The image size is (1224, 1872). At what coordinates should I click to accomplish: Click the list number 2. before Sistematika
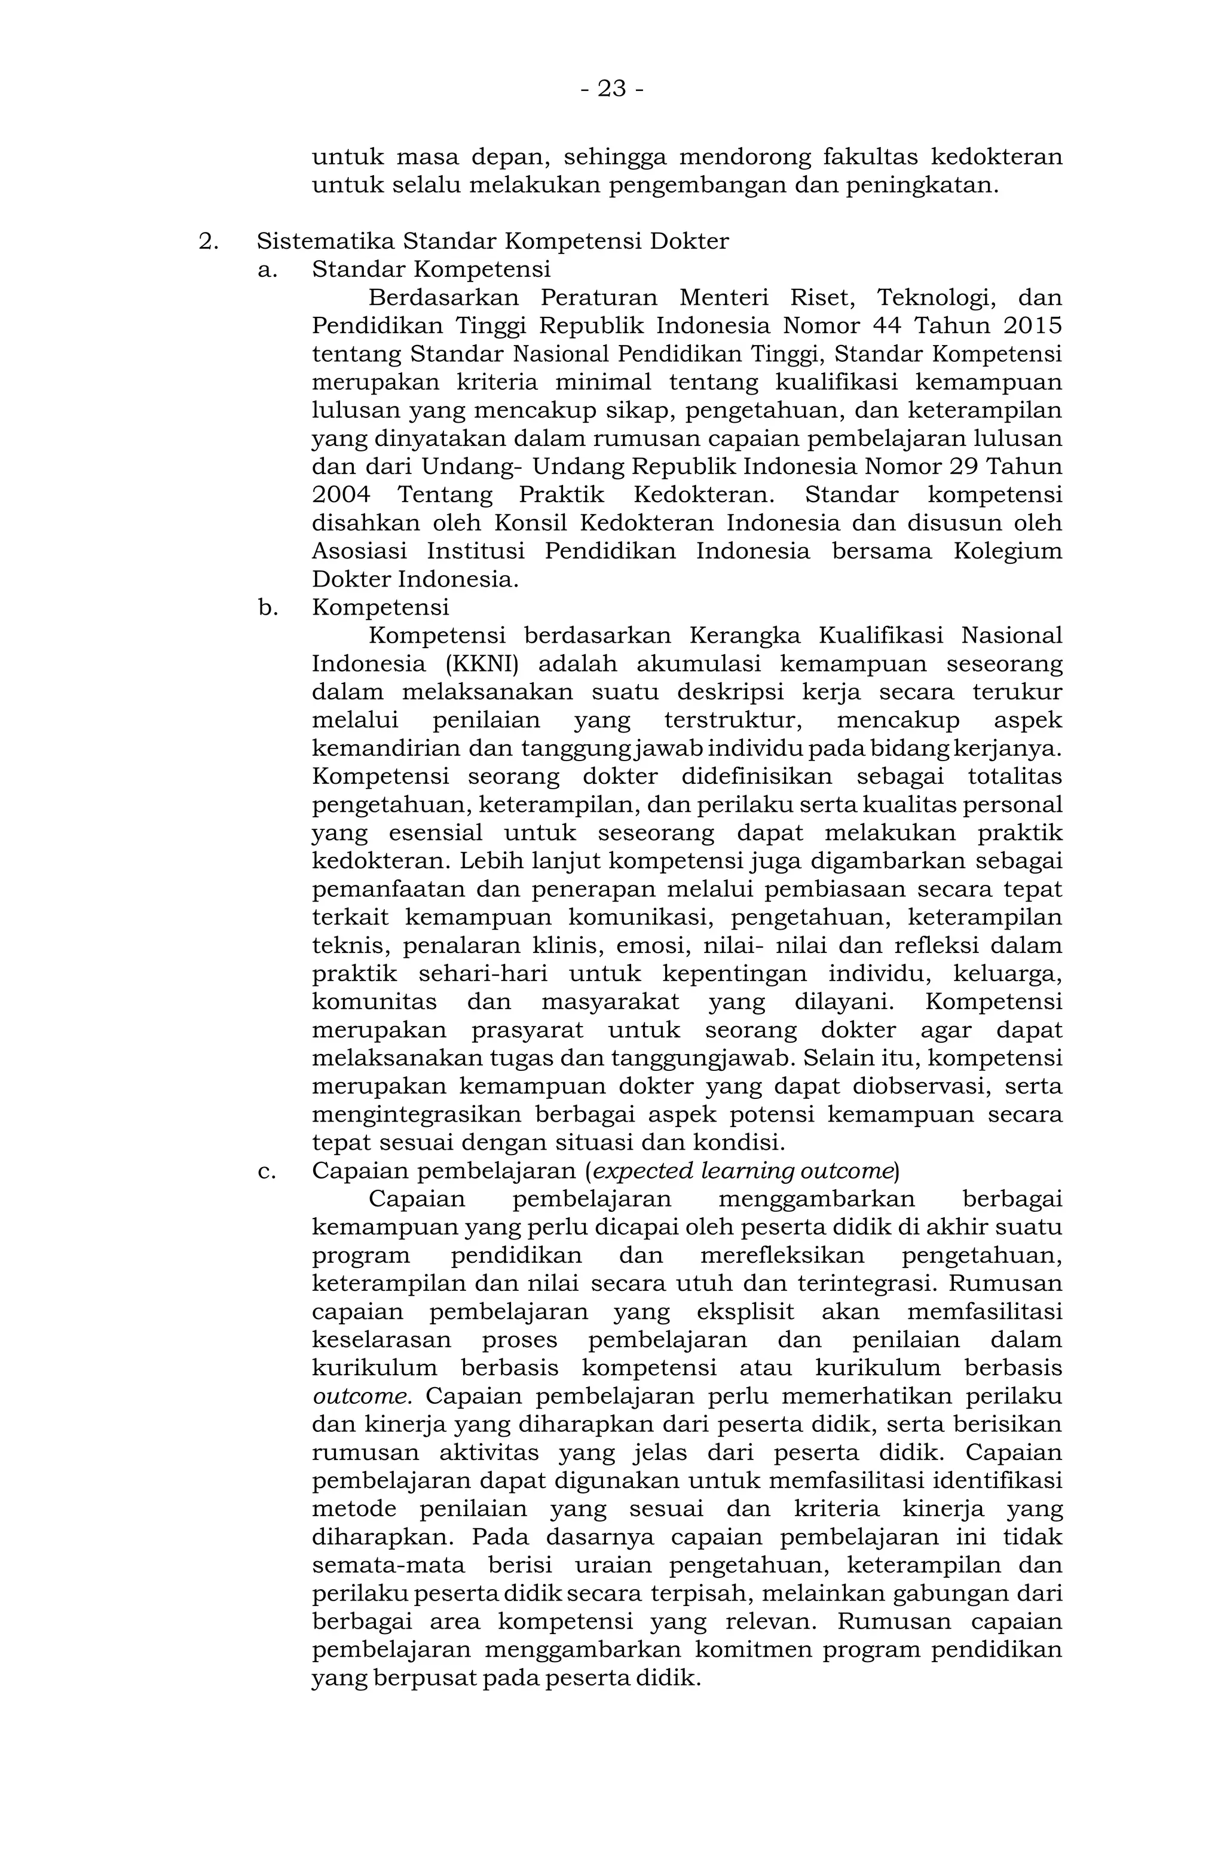(207, 241)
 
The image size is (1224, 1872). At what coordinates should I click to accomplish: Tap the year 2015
(1032, 326)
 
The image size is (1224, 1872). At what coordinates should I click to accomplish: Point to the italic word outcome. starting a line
(362, 1397)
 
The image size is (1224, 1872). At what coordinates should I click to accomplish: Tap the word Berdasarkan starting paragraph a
(443, 298)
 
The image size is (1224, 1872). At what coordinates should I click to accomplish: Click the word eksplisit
(745, 1312)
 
